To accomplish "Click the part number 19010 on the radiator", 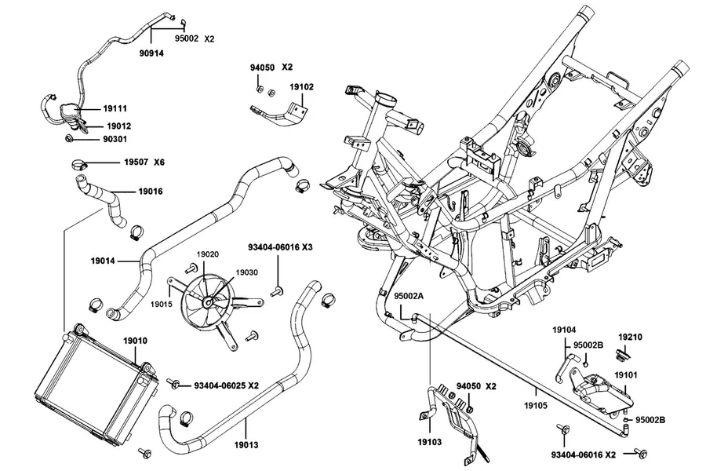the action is coord(135,341).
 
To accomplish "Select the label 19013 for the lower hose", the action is coord(246,445).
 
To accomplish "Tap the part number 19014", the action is coord(103,261).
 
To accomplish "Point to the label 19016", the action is coord(151,191).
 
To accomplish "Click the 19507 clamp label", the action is coord(136,162).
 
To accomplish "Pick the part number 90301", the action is coord(115,139).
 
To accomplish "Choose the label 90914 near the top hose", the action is coord(151,53).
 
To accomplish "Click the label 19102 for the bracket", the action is coord(302,86).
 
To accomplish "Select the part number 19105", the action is coord(536,406).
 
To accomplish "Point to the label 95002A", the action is coord(409,296).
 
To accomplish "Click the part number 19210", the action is coord(631,337).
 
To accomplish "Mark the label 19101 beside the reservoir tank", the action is coord(626,375).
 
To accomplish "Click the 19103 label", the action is coord(430,442).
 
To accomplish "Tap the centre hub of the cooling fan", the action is coord(208,302).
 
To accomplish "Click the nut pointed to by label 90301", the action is coord(69,137).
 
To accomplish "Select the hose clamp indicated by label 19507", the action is coord(79,164).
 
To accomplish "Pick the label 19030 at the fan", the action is coord(247,272).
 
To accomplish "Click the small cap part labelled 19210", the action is coord(622,355).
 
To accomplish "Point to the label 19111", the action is coord(115,108).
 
